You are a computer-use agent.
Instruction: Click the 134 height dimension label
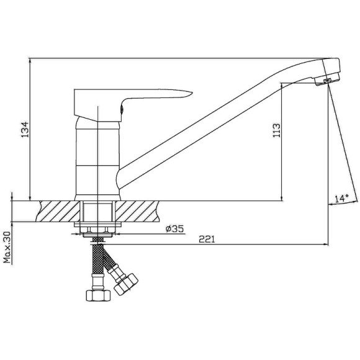(25, 130)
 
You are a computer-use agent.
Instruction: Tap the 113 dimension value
(276, 130)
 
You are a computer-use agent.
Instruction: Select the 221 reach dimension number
(207, 239)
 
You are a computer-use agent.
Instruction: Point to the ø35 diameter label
(174, 228)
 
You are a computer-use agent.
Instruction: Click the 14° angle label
(341, 198)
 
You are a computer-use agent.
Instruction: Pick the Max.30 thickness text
(7, 247)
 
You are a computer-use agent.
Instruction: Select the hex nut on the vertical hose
(98, 295)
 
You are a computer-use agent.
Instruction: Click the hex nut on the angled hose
(126, 284)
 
